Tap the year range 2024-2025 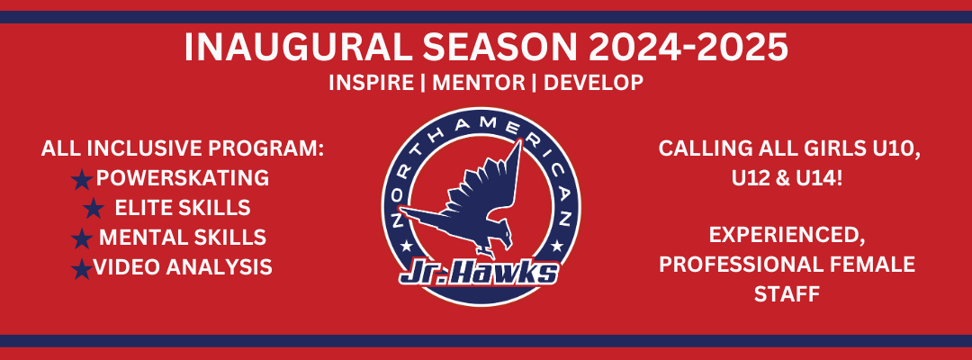click(688, 48)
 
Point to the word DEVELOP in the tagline click(593, 83)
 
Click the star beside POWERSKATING click(82, 180)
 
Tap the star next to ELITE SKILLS click(93, 208)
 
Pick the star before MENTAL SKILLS click(82, 238)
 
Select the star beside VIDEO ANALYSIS click(82, 268)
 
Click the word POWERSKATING click(182, 178)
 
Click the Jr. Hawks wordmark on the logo click(479, 274)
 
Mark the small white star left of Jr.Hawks click(407, 246)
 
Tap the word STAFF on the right click(787, 293)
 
